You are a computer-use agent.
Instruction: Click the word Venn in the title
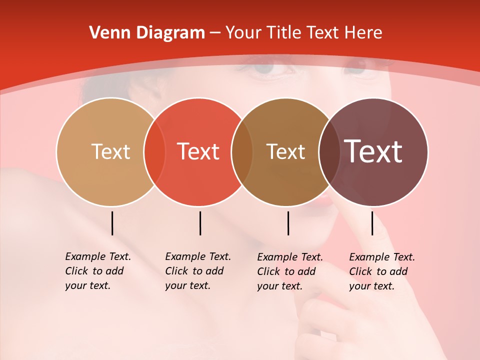(109, 33)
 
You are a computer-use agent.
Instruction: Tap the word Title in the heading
(283, 33)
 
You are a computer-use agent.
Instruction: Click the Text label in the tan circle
(110, 151)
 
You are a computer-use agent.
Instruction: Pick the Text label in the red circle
(198, 151)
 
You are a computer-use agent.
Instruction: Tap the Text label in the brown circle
(285, 151)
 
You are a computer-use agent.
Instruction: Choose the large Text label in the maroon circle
(373, 151)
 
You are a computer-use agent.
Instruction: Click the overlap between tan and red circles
(154, 152)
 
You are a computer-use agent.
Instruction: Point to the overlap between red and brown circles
(242, 152)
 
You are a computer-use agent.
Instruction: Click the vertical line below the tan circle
(112, 223)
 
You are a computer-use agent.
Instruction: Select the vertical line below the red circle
(200, 223)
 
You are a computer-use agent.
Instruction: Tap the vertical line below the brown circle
(288, 223)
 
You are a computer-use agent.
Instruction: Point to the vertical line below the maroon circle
(372, 223)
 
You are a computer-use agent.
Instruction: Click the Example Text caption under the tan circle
(97, 271)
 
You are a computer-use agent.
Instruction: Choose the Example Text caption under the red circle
(197, 271)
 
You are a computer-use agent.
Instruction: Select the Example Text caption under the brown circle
(289, 271)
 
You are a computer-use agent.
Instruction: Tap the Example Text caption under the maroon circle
(381, 271)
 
